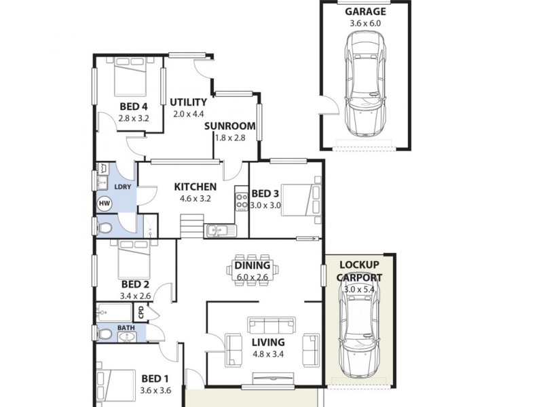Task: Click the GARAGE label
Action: pos(365,12)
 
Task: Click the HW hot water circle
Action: pos(105,203)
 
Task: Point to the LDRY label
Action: pos(123,187)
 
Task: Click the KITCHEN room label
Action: pos(195,187)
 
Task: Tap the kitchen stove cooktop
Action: pos(241,199)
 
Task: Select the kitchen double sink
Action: pos(219,231)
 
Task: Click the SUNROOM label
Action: pos(229,125)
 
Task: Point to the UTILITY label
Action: pos(188,102)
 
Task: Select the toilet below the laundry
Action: pos(105,229)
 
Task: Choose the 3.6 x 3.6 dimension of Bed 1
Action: pos(155,390)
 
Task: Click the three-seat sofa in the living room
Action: pos(272,324)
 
